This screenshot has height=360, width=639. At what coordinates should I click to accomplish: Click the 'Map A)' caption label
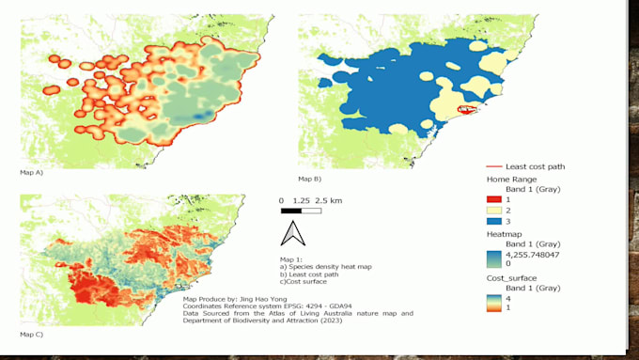31,174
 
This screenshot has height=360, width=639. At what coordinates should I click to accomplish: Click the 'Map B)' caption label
310,178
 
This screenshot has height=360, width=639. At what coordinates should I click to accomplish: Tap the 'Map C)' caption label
31,334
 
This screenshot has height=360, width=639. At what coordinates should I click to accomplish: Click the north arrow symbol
292,232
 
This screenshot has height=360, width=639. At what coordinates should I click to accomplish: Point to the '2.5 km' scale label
329,201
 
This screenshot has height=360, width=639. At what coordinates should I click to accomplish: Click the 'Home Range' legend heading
513,178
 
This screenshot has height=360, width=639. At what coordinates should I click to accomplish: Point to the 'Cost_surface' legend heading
514,279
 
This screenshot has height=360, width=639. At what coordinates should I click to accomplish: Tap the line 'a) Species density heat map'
325,266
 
